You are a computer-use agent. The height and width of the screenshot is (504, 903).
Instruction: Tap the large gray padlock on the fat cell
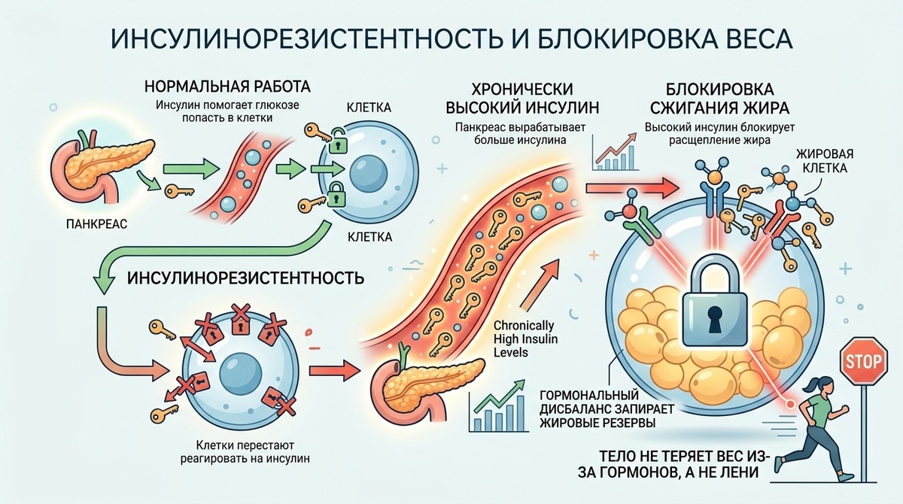pyautogui.click(x=714, y=305)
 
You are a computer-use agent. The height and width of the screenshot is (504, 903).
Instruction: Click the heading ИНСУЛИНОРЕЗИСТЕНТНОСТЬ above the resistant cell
pyautogui.click(x=247, y=278)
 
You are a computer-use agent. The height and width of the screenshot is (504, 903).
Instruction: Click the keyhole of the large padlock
pyautogui.click(x=713, y=320)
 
